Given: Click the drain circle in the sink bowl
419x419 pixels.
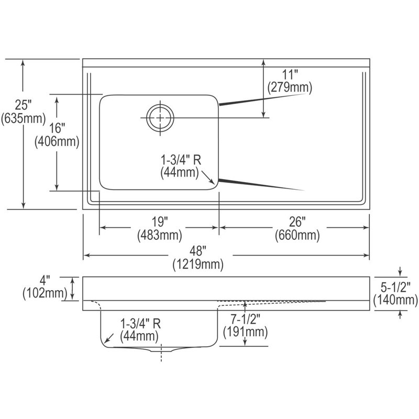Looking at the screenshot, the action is point(148,118).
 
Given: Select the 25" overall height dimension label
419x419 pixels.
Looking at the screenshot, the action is point(23,105).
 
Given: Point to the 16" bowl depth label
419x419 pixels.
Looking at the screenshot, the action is point(57,128).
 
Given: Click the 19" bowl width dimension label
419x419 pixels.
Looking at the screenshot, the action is point(160,222).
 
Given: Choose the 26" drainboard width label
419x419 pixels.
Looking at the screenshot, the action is point(297,222).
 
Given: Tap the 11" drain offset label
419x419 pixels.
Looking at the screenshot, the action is point(290,74).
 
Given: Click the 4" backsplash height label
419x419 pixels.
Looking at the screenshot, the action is point(45,281).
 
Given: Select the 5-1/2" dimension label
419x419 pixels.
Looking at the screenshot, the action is point(395,287).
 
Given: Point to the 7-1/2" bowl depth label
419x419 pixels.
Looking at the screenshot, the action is point(246,319).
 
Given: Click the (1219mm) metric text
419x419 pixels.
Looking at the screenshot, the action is point(198,264).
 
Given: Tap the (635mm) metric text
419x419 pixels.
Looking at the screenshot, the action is point(23,118).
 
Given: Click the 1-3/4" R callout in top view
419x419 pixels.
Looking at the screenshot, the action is point(181,160).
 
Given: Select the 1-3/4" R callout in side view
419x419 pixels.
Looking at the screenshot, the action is point(140,324).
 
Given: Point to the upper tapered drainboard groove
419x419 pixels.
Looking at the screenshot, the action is point(262,99).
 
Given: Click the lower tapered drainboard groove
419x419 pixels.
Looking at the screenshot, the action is point(261,185).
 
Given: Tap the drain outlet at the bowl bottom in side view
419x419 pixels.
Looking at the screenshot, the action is point(161,349).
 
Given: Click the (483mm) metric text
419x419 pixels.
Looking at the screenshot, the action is point(160,235).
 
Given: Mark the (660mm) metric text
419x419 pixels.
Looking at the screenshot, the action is point(297,235).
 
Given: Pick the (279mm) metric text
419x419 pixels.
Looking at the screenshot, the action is point(290,87).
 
